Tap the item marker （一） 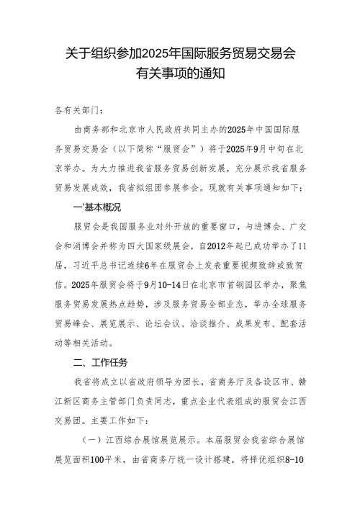click(x=90, y=439)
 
